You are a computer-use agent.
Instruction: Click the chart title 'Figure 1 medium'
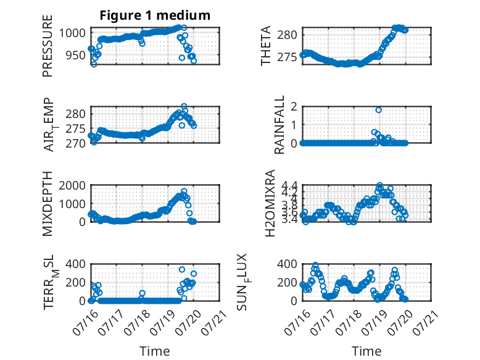point(155,15)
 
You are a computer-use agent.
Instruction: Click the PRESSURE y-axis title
point(48,46)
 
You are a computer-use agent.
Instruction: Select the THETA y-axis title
point(266,46)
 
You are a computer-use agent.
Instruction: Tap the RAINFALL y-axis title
point(279,125)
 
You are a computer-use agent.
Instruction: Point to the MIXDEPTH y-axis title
point(48,204)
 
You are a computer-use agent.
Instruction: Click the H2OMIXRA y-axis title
point(270,203)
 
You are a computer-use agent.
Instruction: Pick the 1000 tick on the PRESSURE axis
point(72,33)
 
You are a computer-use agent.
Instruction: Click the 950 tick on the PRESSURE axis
point(75,56)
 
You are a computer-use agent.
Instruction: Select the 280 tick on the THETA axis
point(287,35)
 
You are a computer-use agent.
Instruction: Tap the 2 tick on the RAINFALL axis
point(294,107)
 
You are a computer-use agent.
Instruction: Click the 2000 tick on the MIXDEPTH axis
point(72,185)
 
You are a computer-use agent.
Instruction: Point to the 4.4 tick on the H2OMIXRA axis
point(289,185)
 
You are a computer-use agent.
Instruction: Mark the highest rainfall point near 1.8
point(379,110)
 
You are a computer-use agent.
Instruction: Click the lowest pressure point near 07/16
point(94,64)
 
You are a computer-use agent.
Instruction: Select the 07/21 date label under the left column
point(214,322)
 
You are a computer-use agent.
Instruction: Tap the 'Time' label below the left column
point(155,351)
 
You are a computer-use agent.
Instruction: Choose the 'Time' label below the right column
point(366,351)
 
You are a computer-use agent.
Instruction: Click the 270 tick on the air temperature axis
point(75,143)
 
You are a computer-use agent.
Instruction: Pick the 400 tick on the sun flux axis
point(287,264)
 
